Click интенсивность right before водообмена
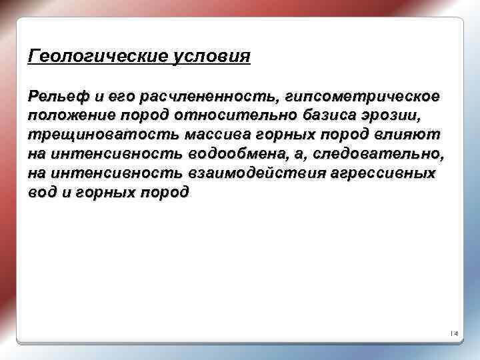(119, 154)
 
